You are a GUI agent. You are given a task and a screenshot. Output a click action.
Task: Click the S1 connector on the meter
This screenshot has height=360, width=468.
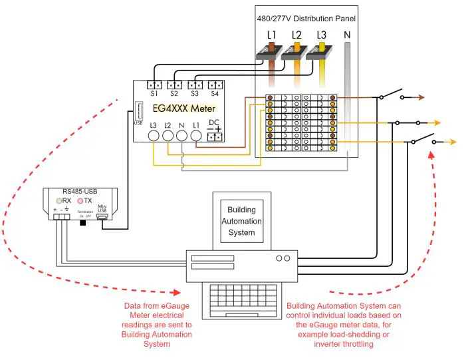(x=154, y=85)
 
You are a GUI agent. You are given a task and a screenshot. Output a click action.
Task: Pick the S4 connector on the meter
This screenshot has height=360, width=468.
(x=214, y=85)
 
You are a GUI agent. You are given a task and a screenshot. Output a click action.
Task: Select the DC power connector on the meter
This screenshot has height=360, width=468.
(x=214, y=136)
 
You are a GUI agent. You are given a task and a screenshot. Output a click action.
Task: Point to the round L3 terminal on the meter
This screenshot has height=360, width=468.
(x=153, y=136)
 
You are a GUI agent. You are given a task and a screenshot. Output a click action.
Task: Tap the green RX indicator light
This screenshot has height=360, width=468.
(x=58, y=200)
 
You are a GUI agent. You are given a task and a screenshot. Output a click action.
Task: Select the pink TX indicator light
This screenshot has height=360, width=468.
(x=81, y=200)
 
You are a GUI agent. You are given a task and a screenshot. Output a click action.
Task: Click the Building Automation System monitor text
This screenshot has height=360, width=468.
(x=241, y=221)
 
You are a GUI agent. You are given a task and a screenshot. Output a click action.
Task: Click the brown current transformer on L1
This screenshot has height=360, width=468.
(x=271, y=57)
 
